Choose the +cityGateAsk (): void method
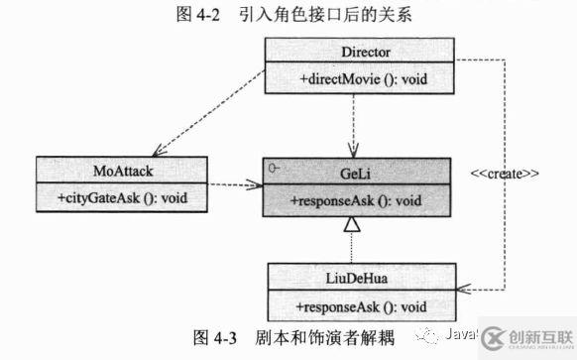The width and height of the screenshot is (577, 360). (x=110, y=197)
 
